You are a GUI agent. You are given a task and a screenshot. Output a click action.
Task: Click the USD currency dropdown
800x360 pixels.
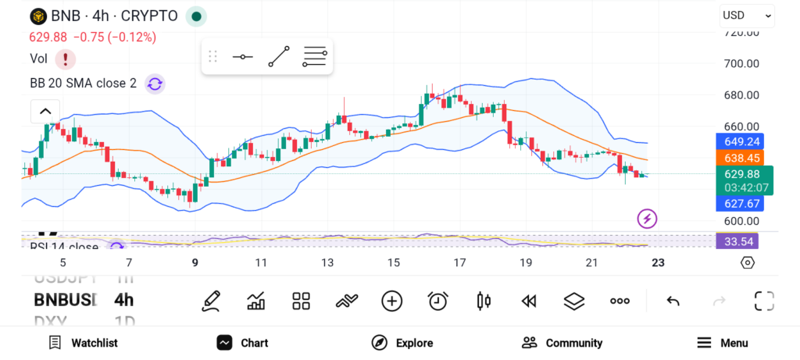[746, 15]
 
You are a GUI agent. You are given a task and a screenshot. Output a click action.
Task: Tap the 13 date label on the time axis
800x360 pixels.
[327, 262]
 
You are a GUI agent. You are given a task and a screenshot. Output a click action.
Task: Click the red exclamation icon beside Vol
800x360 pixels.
[66, 59]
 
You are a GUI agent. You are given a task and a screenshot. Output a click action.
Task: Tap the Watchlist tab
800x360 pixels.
[83, 343]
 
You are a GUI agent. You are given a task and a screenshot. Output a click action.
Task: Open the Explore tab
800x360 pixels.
[402, 343]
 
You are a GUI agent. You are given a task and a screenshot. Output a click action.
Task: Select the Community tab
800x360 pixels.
[562, 343]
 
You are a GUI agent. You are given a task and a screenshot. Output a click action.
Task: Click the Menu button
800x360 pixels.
[723, 343]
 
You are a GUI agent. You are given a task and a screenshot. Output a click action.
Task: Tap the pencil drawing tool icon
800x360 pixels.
[210, 301]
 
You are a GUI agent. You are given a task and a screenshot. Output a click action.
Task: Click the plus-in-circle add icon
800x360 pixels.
[391, 301]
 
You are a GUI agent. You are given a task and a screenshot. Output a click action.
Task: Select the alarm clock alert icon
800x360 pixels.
[437, 301]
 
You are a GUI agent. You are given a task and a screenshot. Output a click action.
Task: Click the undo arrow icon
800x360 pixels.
[673, 301]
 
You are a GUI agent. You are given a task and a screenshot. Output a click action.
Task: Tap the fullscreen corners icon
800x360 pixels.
[763, 301]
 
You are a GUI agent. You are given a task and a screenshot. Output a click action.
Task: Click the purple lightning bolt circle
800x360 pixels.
[647, 219]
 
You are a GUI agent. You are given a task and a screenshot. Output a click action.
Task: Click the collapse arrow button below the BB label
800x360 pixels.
[45, 112]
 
